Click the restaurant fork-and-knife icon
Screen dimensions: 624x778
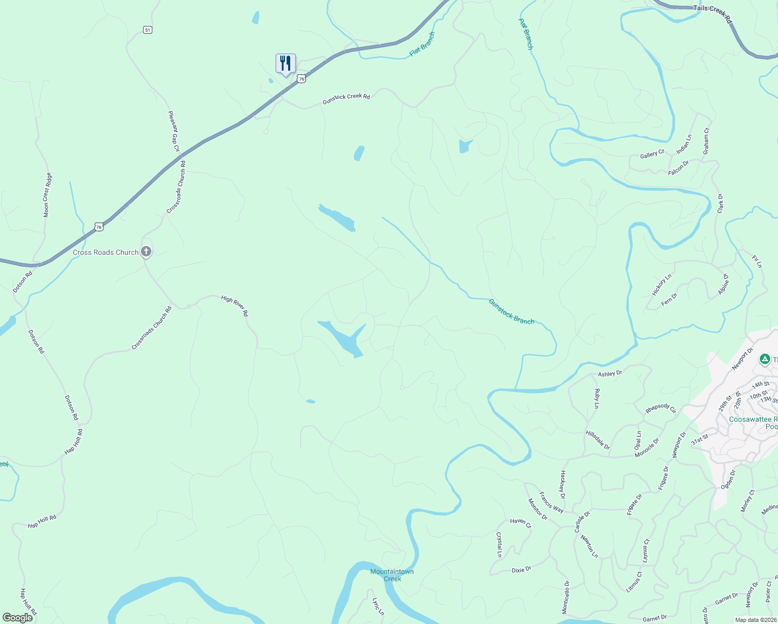pos(286,63)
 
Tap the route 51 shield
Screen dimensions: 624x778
pos(148,30)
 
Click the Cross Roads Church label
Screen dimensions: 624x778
pos(106,253)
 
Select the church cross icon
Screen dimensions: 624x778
pos(146,252)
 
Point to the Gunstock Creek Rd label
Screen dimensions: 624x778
pos(346,98)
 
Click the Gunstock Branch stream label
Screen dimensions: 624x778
pos(511,311)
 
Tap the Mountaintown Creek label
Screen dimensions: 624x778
pos(392,575)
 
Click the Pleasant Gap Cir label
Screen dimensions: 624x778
pos(174,131)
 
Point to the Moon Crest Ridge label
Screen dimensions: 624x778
pos(47,195)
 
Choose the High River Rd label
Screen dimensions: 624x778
pos(235,306)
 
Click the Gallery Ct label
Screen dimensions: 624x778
pos(652,154)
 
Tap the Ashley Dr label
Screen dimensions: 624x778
pos(610,374)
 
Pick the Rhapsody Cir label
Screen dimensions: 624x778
pos(660,408)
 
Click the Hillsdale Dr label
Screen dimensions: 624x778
pos(598,440)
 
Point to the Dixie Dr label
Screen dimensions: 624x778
pos(521,570)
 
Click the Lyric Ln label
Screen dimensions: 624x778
pos(378,606)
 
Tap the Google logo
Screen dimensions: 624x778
pos(18,618)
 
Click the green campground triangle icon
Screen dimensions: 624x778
pos(764,359)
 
